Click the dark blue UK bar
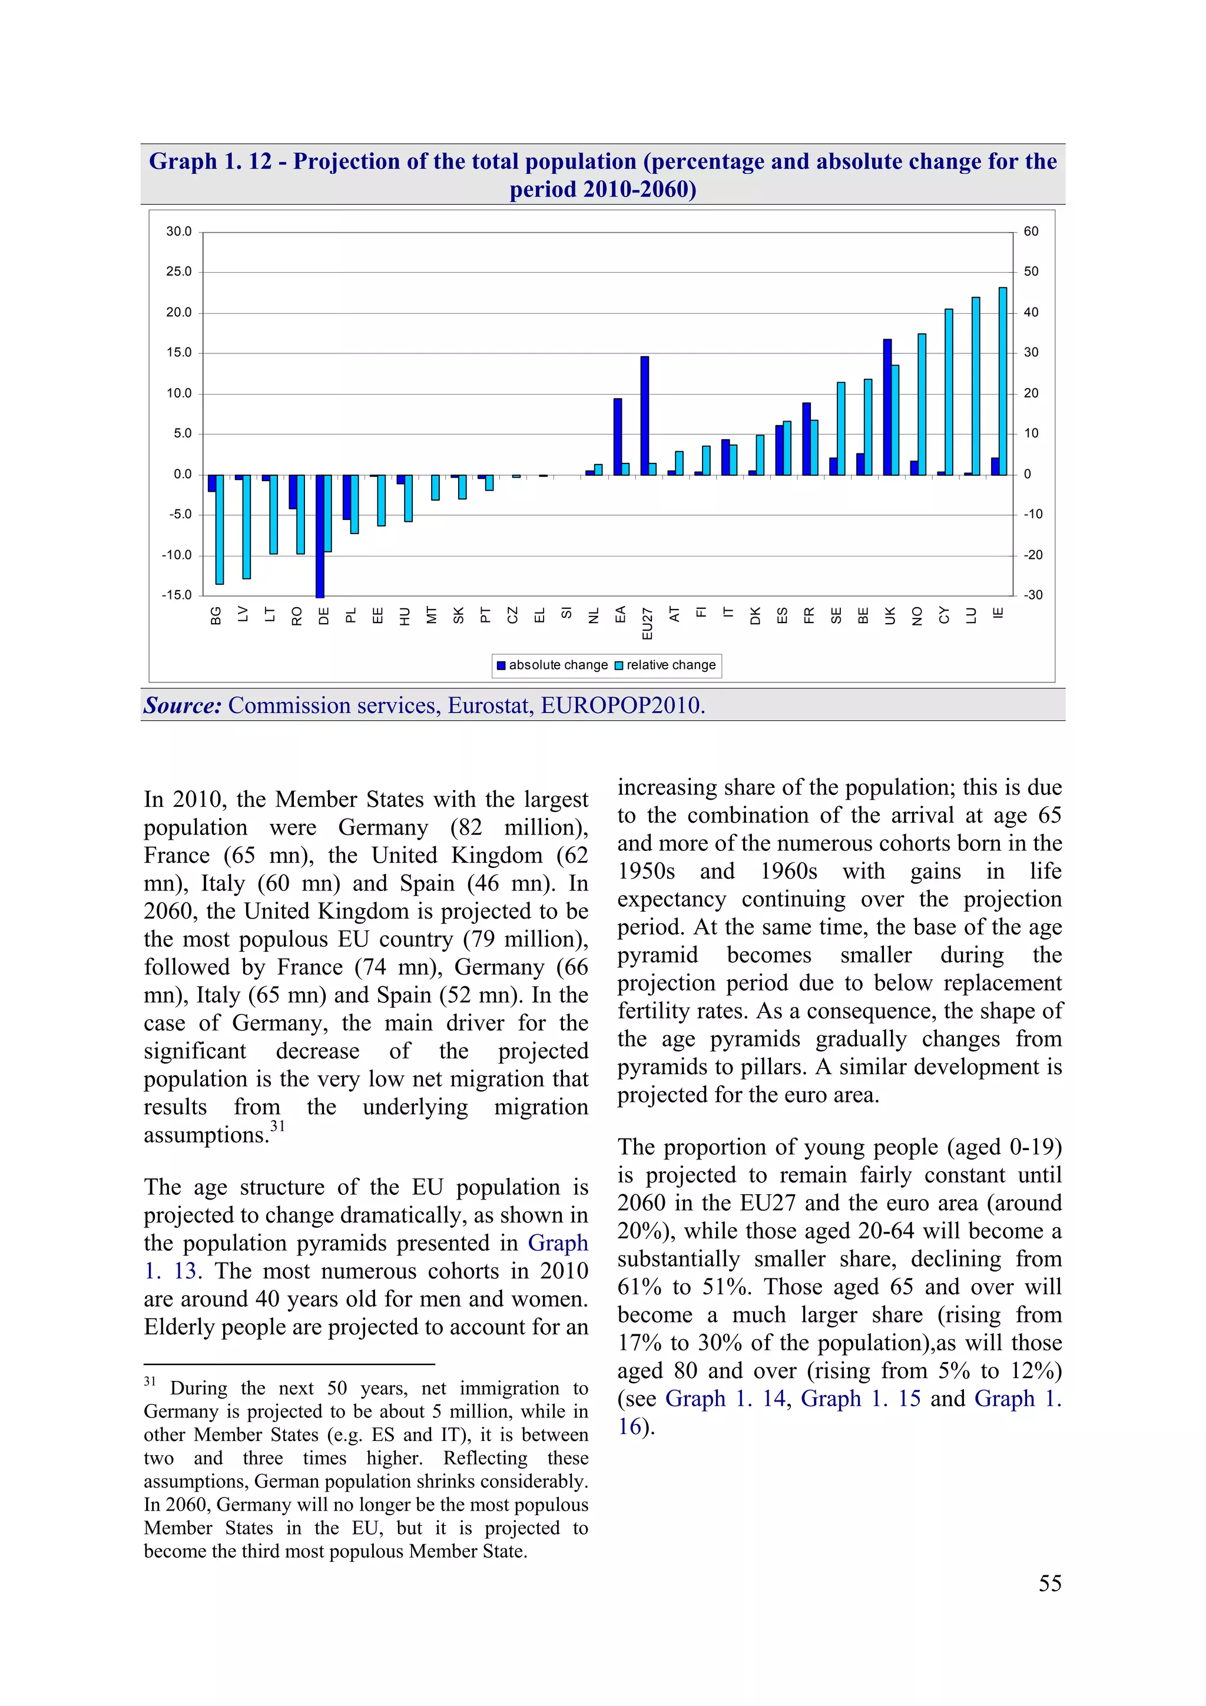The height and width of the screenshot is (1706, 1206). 887,406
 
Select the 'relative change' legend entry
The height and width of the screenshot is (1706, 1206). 666,665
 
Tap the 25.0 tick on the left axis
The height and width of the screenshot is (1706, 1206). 178,272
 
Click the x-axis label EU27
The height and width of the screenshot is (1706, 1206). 647,624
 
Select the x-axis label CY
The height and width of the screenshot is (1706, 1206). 945,615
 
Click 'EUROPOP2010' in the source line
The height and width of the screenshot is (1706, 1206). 621,705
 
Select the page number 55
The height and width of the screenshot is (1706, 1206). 1049,1584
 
